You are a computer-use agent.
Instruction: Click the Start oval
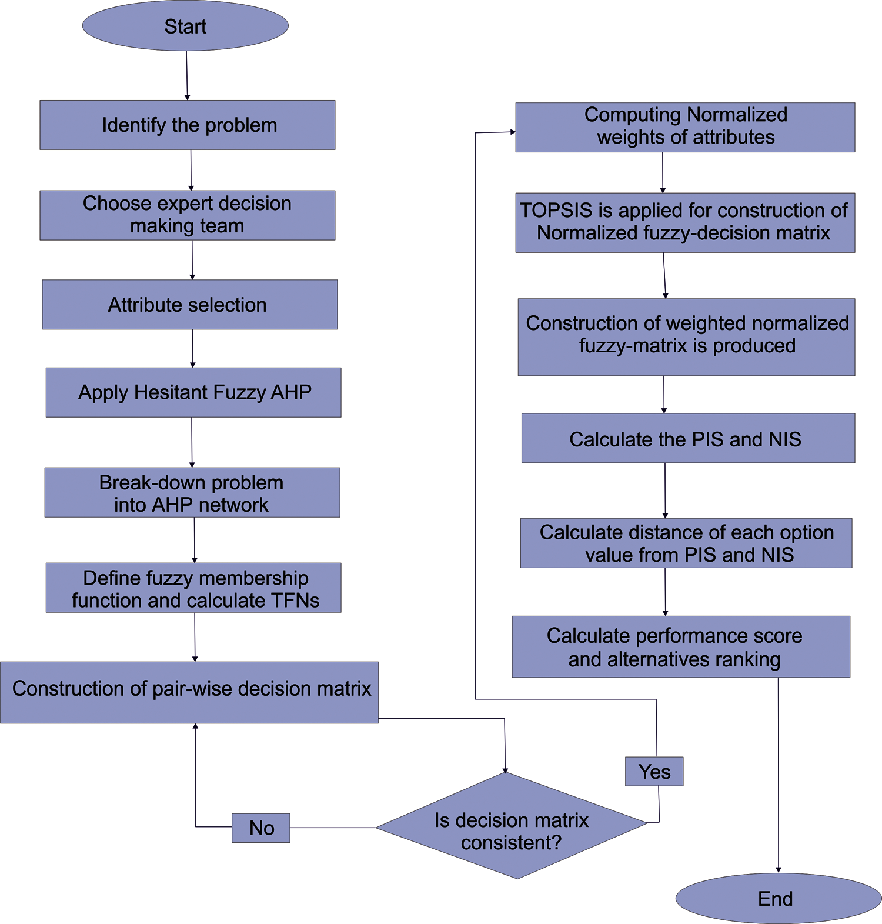point(185,25)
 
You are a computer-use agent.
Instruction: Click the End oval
point(779,898)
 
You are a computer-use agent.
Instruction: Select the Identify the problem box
point(188,125)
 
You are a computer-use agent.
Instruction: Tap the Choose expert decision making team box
point(188,215)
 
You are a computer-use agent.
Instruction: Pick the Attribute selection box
point(190,305)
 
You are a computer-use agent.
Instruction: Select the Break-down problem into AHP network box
point(192,492)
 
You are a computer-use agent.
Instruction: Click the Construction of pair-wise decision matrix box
point(189,693)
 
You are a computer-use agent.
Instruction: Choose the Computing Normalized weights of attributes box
point(685,127)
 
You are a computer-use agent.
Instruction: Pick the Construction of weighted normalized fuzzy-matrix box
point(686,337)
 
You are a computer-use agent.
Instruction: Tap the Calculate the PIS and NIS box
point(688,438)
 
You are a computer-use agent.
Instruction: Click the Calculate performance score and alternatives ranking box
point(681,647)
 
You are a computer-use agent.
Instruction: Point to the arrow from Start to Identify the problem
point(187,76)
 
